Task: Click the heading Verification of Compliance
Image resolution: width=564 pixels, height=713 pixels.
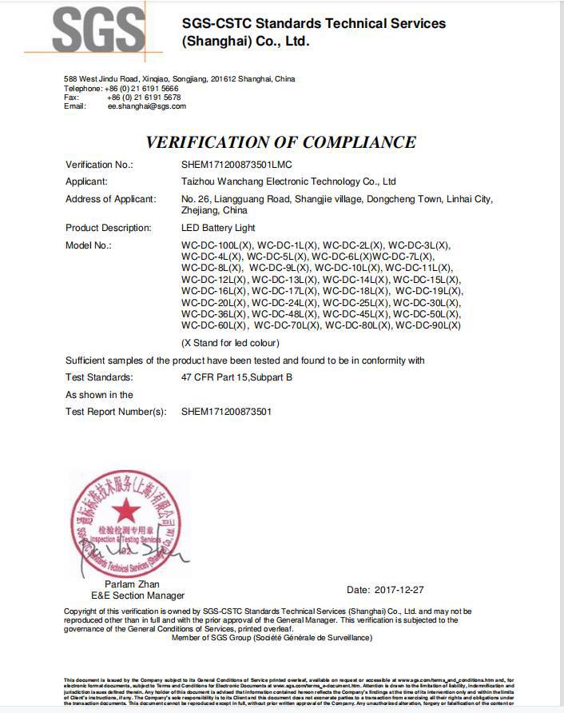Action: click(x=280, y=142)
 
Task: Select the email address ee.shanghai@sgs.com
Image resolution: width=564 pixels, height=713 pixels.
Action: click(x=147, y=106)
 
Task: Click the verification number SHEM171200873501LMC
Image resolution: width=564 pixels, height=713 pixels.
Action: click(x=236, y=165)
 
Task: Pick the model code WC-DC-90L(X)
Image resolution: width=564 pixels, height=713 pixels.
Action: click(x=428, y=325)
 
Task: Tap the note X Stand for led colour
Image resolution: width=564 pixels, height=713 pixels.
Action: click(x=231, y=343)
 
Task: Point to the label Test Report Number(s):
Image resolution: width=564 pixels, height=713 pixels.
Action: click(x=116, y=412)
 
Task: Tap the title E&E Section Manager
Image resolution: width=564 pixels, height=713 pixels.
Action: click(x=137, y=595)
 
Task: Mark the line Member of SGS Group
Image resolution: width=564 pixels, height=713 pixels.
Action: click(x=272, y=638)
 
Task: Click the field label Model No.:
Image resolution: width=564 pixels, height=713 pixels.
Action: click(x=88, y=245)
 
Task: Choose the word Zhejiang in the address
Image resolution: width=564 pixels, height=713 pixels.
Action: click(x=200, y=211)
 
